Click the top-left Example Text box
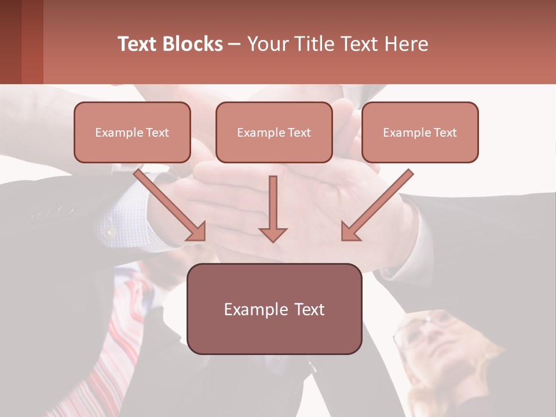(132, 132)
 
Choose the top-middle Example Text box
(274, 132)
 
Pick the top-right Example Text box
(420, 132)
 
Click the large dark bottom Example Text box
(274, 309)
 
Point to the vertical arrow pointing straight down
(273, 209)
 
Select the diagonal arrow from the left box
(171, 206)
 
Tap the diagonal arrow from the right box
(376, 206)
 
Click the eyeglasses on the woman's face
(420, 330)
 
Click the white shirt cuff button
(108, 233)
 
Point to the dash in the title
(235, 44)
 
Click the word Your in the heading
(268, 44)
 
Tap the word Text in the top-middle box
(299, 133)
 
